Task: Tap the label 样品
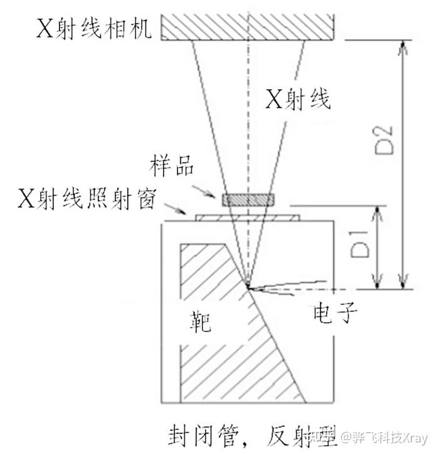point(171,168)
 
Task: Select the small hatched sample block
point(248,200)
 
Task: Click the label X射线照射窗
point(87,199)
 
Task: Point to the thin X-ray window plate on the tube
point(248,218)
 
